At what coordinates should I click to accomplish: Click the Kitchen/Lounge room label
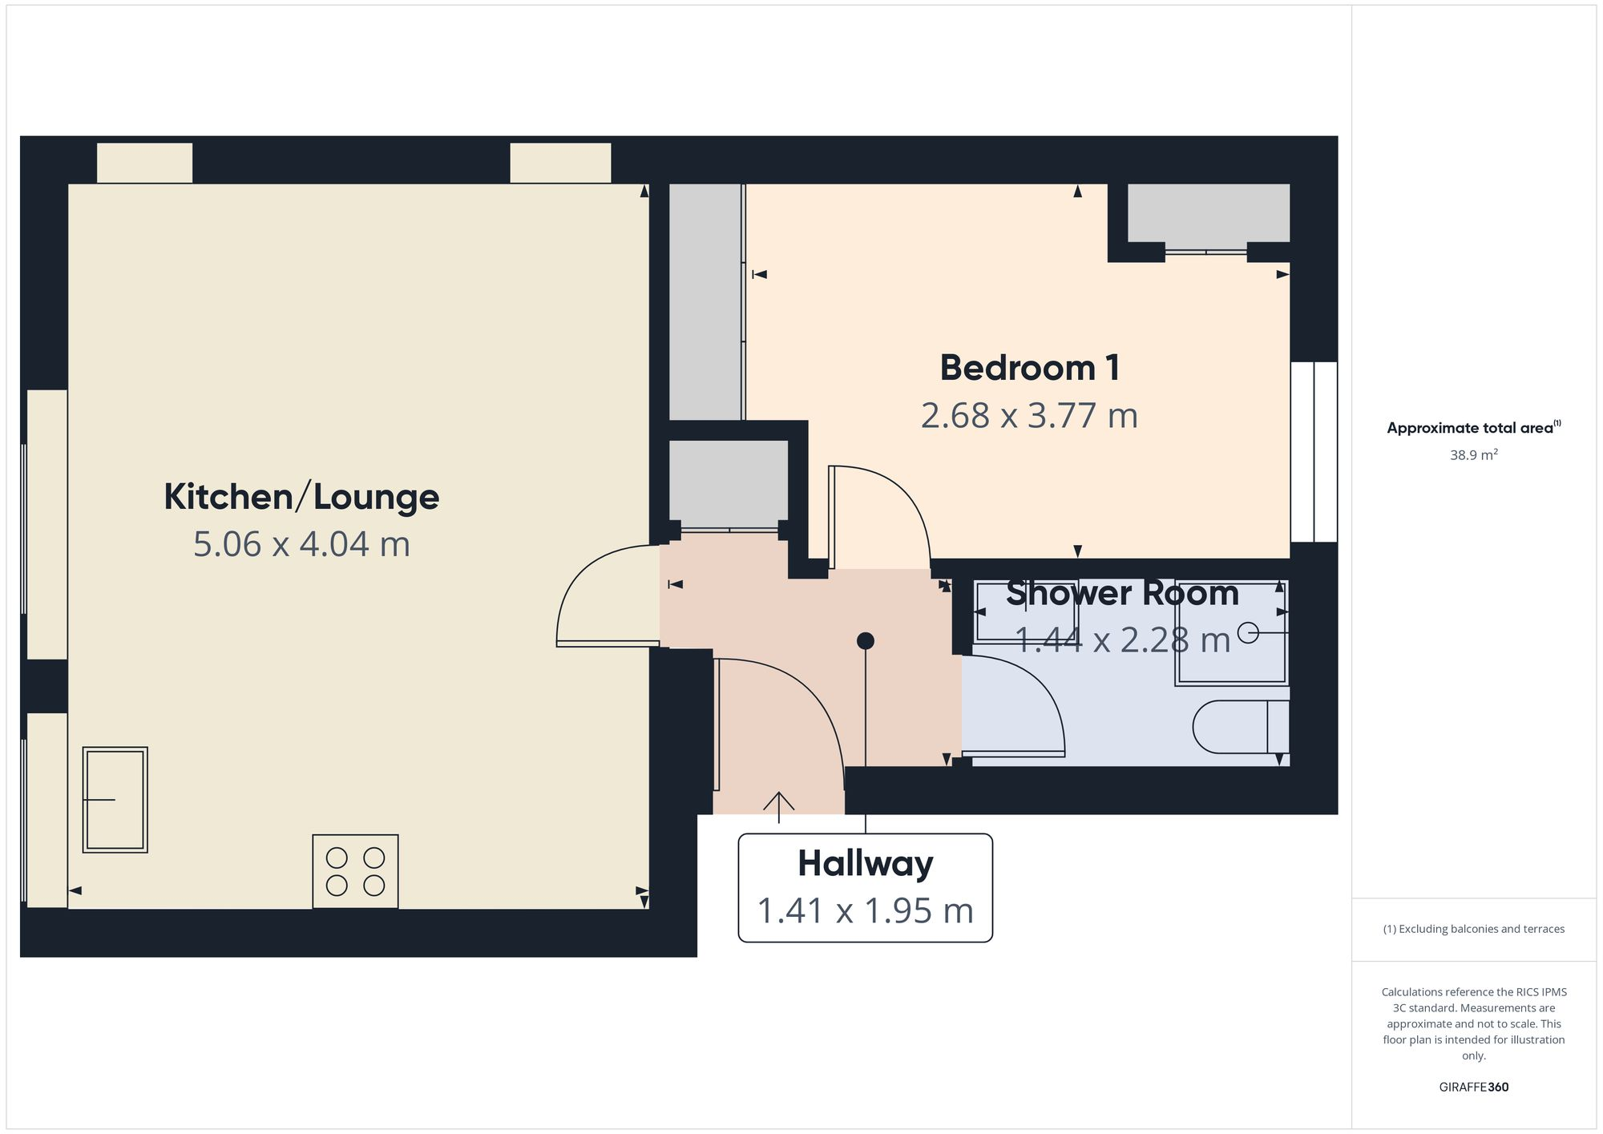(x=301, y=497)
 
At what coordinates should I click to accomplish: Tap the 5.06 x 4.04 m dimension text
(x=301, y=544)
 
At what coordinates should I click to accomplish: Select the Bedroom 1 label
(x=1030, y=368)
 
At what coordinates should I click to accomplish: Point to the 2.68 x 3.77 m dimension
(x=1029, y=416)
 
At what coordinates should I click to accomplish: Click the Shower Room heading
(x=1122, y=594)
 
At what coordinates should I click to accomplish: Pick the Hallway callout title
(x=865, y=863)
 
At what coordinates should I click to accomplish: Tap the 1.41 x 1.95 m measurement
(x=865, y=911)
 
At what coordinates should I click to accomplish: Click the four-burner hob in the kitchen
(x=355, y=871)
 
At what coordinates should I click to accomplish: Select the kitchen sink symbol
(x=115, y=799)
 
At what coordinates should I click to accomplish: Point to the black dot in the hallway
(x=865, y=641)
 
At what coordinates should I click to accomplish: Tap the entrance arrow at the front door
(x=778, y=805)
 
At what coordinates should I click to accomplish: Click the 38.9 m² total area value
(x=1473, y=455)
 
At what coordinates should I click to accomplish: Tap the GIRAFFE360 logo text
(x=1473, y=1087)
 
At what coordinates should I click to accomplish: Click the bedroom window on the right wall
(x=1314, y=452)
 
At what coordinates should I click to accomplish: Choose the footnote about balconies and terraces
(x=1473, y=929)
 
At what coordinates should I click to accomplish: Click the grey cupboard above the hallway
(x=729, y=484)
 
